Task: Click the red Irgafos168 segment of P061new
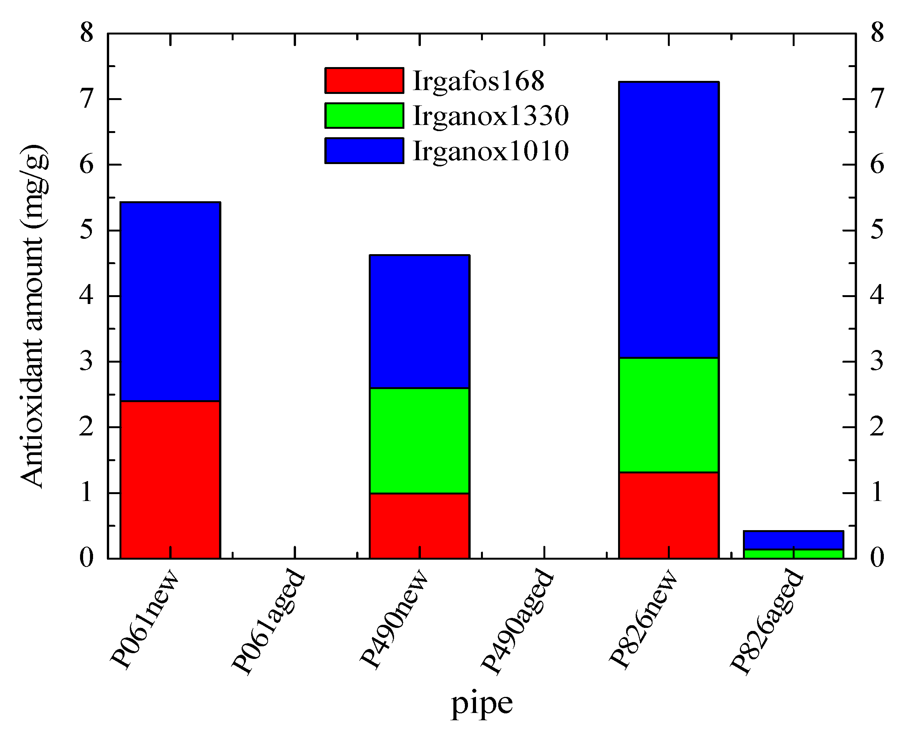[170, 479]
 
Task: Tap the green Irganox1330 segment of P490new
[419, 440]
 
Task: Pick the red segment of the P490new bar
[419, 526]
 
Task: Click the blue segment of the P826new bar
[668, 219]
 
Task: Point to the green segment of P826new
[668, 415]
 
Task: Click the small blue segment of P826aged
[793, 540]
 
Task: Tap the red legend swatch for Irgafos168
[364, 80]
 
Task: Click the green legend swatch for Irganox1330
[364, 116]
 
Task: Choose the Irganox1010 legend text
[491, 151]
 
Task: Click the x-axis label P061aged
[268, 622]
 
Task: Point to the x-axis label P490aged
[517, 622]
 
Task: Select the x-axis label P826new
[643, 619]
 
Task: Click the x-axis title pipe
[481, 704]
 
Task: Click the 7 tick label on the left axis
[87, 99]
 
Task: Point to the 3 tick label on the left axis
[87, 361]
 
